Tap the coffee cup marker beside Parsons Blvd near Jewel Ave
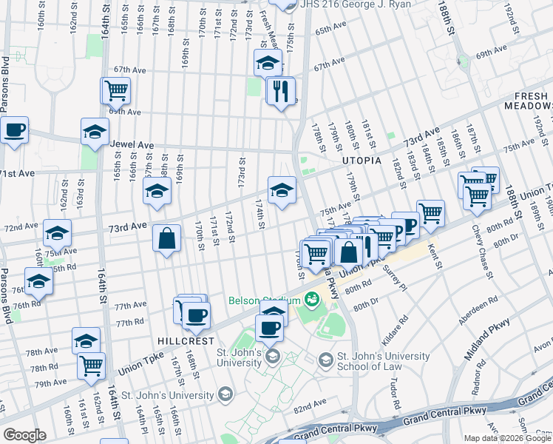click(14, 132)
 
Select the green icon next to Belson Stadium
click(312, 299)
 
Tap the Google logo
click(24, 435)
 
